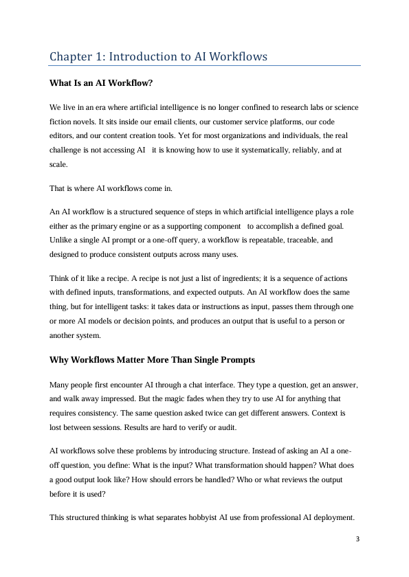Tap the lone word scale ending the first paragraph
tap(58, 165)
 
